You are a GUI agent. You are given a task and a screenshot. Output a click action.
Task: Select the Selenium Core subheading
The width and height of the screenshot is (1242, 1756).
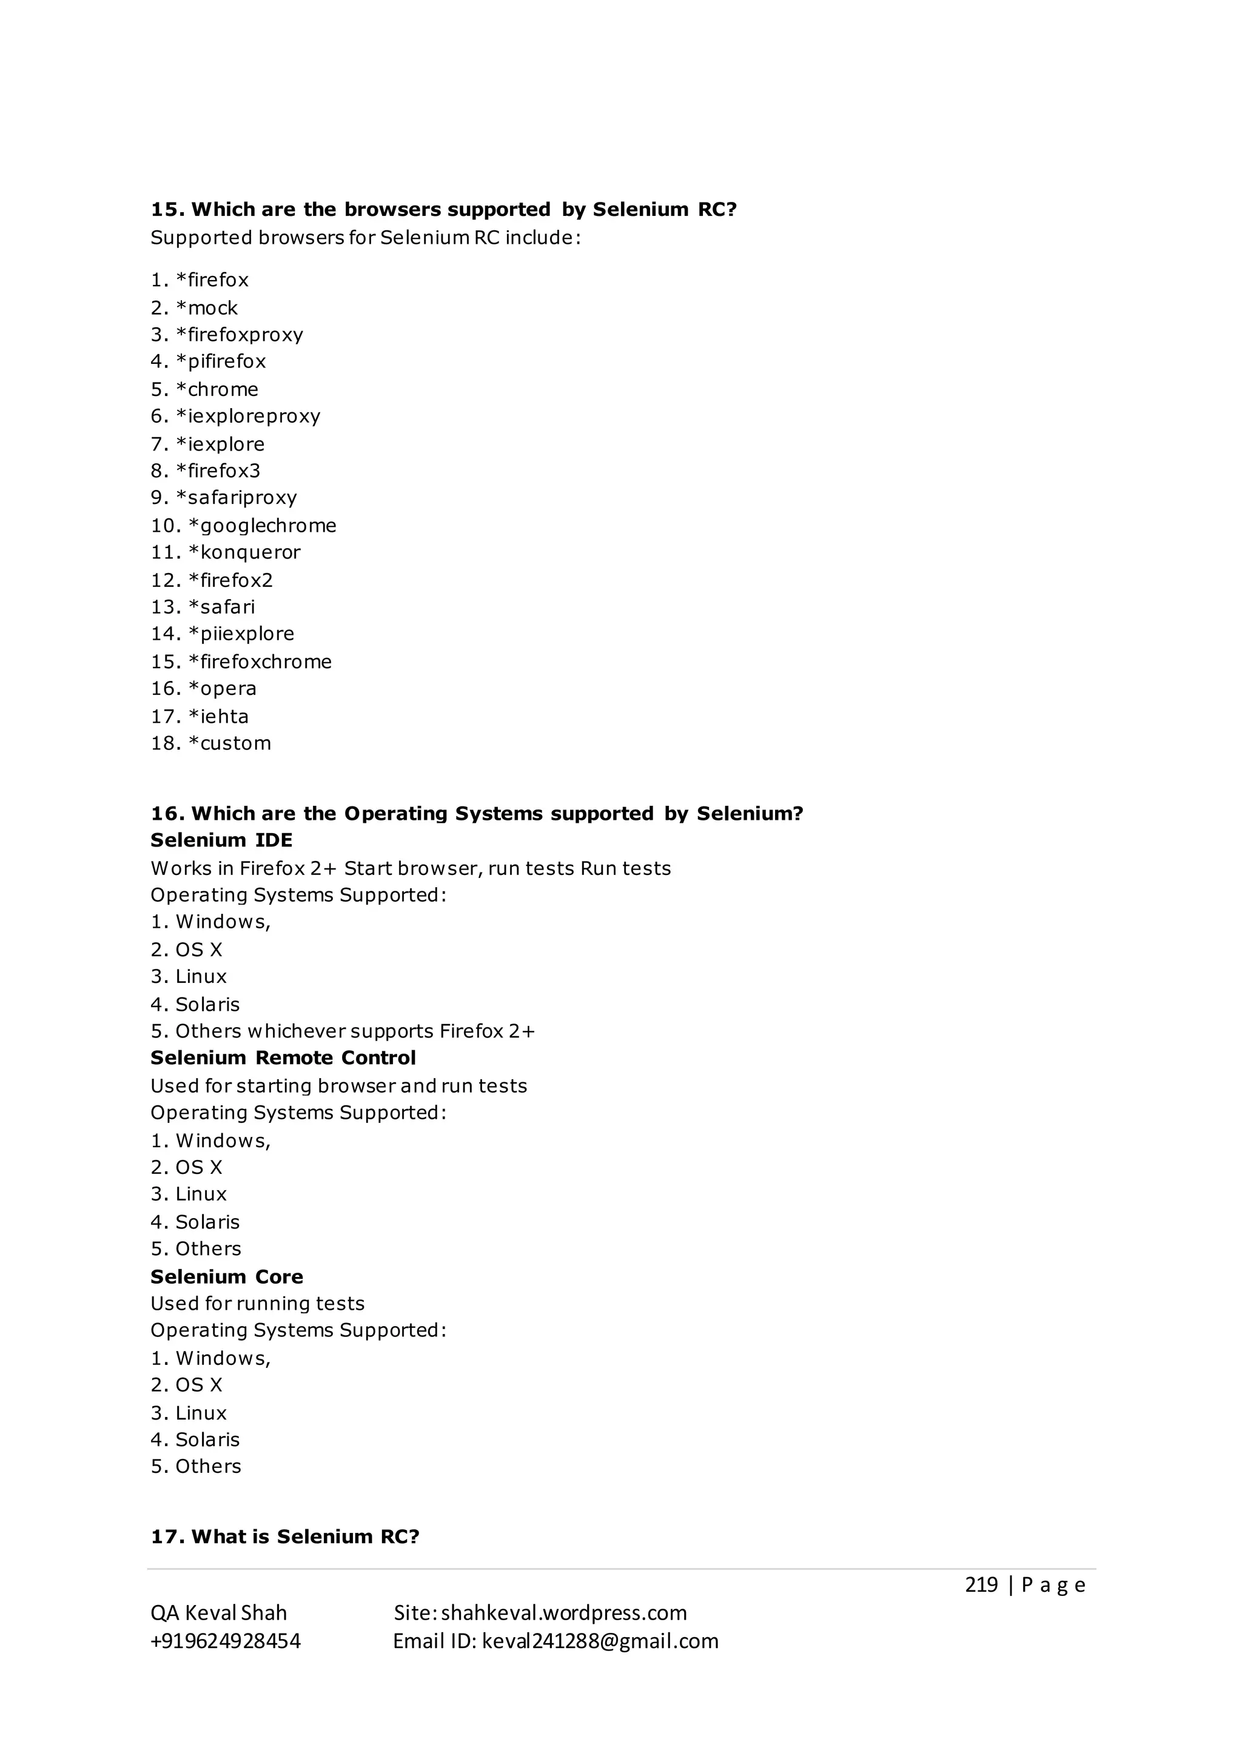point(226,1276)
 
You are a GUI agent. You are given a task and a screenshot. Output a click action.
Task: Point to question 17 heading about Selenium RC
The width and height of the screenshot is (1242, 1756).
point(284,1536)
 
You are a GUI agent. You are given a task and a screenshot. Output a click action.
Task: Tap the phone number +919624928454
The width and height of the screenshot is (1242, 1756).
point(226,1641)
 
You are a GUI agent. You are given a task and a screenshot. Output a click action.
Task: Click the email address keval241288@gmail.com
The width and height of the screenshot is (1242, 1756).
point(600,1641)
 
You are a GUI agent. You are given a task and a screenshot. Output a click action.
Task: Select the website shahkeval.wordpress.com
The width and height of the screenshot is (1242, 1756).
point(563,1613)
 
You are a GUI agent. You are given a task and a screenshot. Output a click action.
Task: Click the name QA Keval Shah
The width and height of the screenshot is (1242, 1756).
point(219,1613)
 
